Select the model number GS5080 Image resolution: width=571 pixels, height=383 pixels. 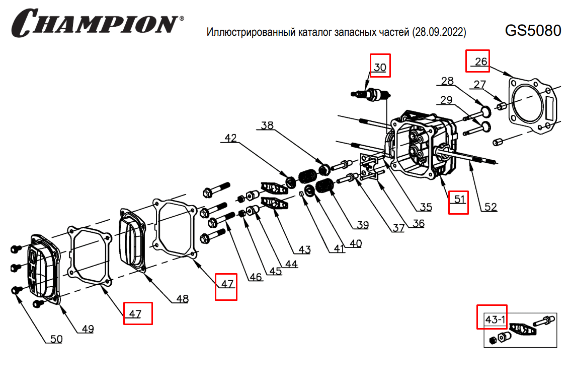coord(533,31)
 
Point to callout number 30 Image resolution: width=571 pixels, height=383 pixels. coord(380,67)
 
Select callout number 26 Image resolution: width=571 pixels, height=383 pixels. coord(480,61)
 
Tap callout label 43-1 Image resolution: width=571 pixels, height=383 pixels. coord(492,320)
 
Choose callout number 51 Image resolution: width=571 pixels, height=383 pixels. coord(458,199)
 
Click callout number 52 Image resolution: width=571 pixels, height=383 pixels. coord(491,207)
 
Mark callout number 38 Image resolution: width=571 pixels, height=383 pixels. coord(267,125)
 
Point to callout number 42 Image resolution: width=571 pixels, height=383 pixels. coord(230,138)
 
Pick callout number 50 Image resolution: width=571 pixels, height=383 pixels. coord(56,339)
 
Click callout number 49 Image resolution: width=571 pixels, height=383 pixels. coord(88,329)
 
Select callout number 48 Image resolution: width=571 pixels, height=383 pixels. coord(182,299)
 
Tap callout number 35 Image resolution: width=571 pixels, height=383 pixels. coord(426,207)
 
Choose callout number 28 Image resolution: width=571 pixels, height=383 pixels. coord(447,81)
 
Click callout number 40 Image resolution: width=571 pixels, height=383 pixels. coord(355,243)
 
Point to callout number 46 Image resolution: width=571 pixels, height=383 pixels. coord(256,276)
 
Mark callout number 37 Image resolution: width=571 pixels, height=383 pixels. coord(398,228)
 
